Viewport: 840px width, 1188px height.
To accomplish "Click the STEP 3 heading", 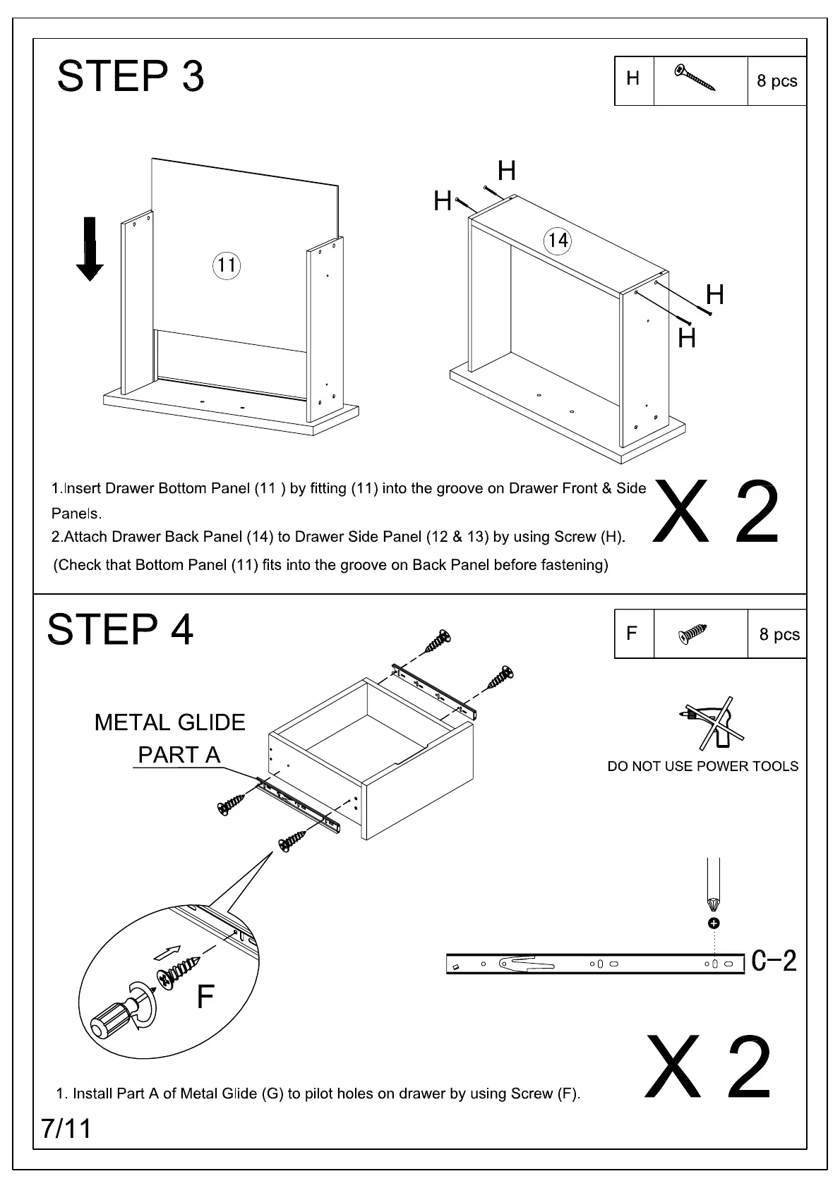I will [131, 76].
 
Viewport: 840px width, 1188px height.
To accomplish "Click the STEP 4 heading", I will [120, 629].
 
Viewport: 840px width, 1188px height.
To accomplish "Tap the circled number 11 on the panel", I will [226, 265].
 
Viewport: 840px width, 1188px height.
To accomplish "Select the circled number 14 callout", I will [557, 241].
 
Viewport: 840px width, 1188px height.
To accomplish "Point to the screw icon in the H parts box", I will [695, 78].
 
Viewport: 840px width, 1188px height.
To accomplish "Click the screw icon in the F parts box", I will [692, 633].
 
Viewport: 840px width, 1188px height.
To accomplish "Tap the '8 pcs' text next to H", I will [777, 81].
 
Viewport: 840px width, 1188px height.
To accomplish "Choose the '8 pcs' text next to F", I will [779, 634].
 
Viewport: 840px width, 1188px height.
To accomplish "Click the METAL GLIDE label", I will [170, 722].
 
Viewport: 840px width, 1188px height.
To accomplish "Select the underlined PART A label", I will [179, 755].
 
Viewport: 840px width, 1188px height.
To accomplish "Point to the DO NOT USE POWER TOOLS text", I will [703, 766].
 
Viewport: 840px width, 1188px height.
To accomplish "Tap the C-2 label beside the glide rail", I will [774, 960].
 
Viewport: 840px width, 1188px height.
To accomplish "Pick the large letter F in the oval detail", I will [205, 997].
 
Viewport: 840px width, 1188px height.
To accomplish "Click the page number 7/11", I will [66, 1128].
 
